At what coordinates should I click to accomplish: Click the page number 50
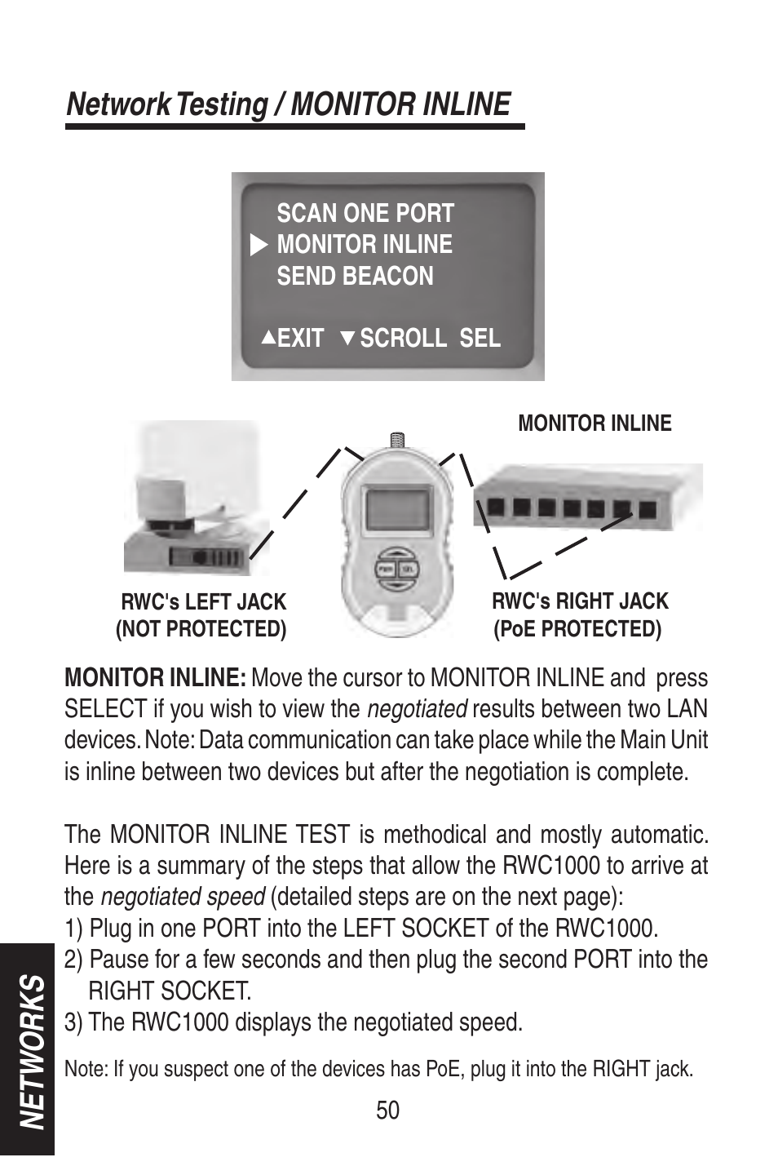388,1110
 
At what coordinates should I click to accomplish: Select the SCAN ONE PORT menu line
365,214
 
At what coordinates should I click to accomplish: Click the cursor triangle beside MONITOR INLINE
259,245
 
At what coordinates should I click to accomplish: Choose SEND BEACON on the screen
355,277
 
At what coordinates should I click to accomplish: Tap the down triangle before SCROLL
347,338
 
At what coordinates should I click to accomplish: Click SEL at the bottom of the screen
480,338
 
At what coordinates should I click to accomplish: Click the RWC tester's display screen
397,509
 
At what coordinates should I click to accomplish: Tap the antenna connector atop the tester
397,440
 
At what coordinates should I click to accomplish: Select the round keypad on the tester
397,569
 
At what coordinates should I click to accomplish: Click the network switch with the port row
587,499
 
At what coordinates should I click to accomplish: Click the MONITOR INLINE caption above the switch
595,423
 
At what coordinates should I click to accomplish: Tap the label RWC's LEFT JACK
204,602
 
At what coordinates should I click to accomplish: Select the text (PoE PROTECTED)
577,629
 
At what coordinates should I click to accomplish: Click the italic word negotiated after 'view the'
417,709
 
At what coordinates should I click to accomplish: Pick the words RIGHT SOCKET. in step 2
170,991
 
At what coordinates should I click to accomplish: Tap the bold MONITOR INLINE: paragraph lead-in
155,678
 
